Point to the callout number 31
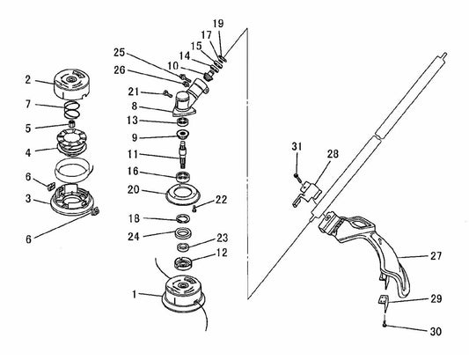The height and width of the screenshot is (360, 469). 297,145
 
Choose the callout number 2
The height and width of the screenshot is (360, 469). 27,78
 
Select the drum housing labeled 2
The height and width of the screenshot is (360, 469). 73,82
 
